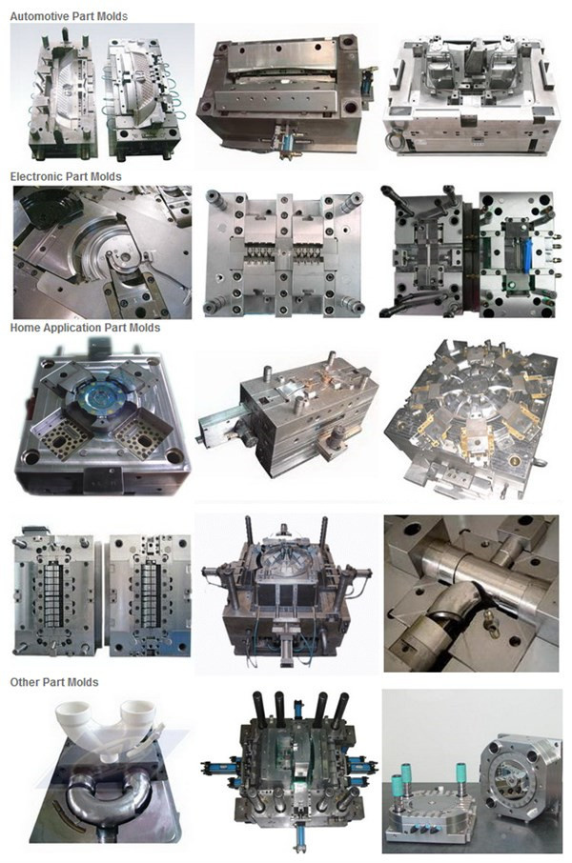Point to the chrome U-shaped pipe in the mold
(x=108, y=793)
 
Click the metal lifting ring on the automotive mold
(x=394, y=139)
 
